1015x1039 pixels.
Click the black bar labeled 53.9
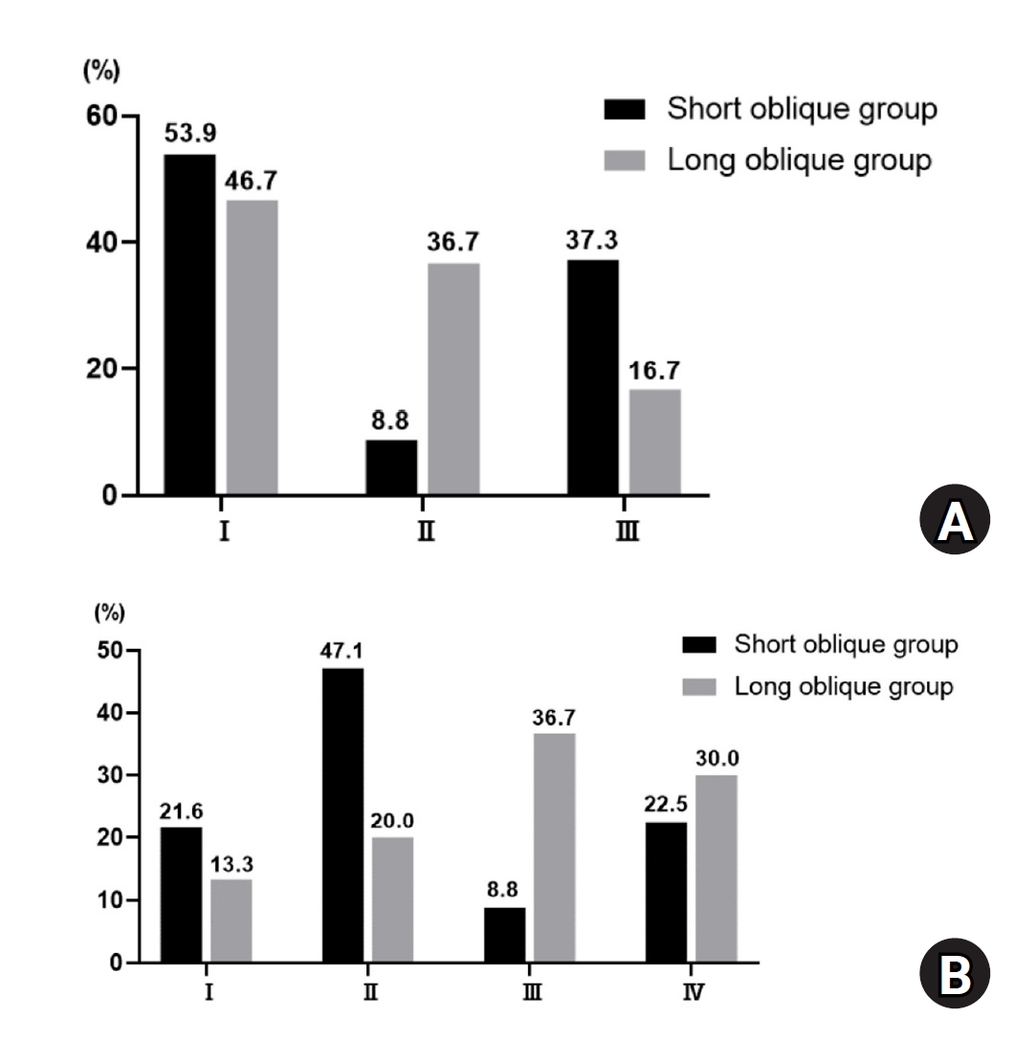189,325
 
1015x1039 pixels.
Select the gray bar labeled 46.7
252,348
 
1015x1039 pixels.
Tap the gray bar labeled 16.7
654,442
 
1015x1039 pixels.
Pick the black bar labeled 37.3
592,378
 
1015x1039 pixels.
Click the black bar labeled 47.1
342,815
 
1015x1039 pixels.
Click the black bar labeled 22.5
666,892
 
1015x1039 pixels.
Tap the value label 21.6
182,812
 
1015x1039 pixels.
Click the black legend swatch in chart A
626,108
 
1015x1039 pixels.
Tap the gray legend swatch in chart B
698,686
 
